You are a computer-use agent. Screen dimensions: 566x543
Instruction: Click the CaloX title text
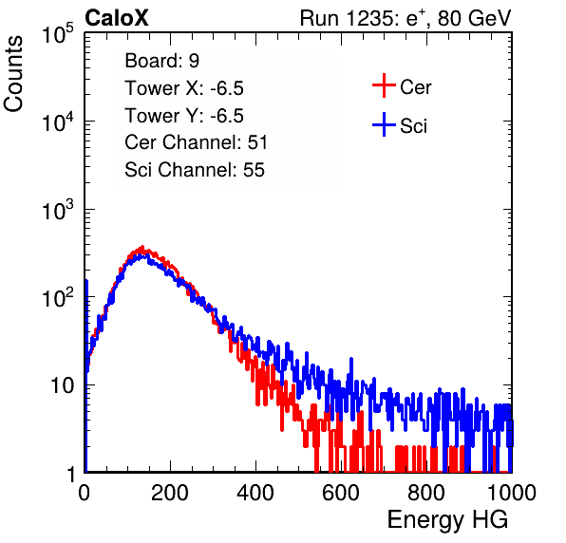pyautogui.click(x=116, y=18)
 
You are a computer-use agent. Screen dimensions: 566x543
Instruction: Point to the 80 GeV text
pyautogui.click(x=475, y=18)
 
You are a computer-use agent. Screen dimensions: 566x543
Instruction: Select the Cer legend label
pyautogui.click(x=415, y=87)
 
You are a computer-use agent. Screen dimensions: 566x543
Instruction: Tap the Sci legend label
pyautogui.click(x=413, y=126)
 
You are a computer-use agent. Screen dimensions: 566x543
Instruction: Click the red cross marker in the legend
pyautogui.click(x=384, y=85)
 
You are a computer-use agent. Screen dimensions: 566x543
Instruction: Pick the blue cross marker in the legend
pyautogui.click(x=384, y=124)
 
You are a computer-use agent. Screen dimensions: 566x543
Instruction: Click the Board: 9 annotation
pyautogui.click(x=161, y=60)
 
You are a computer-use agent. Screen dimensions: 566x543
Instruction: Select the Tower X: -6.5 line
pyautogui.click(x=184, y=88)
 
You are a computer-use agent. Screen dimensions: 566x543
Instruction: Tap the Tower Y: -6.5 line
pyautogui.click(x=184, y=116)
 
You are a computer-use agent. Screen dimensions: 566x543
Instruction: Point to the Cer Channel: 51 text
pyautogui.click(x=196, y=142)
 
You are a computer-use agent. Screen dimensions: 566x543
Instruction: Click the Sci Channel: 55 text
pyautogui.click(x=195, y=170)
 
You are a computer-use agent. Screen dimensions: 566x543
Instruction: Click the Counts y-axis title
pyautogui.click(x=13, y=74)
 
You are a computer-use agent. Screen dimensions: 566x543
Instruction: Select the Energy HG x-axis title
pyautogui.click(x=447, y=519)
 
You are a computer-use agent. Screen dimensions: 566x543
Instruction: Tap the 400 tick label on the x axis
pyautogui.click(x=255, y=492)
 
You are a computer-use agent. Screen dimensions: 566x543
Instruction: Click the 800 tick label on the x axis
pyautogui.click(x=426, y=492)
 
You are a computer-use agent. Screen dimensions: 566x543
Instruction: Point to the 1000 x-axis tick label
pyautogui.click(x=512, y=492)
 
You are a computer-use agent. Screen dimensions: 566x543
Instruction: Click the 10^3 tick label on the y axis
pyautogui.click(x=58, y=210)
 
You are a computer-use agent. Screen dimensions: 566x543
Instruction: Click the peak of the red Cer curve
pyautogui.click(x=142, y=247)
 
